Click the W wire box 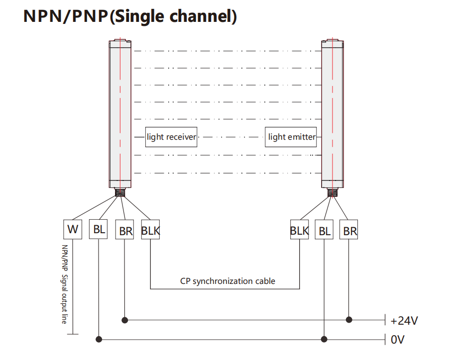click(73, 229)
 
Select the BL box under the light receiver click(99, 229)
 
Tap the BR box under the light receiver click(124, 230)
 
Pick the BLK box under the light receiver click(150, 230)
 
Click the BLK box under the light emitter click(299, 230)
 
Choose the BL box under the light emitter click(325, 230)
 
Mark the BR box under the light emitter click(350, 230)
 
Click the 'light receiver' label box click(171, 137)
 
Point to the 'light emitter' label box click(292, 137)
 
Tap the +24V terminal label click(404, 320)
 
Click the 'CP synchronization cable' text click(227, 281)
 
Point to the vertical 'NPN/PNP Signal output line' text click(65, 284)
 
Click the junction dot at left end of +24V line click(124, 320)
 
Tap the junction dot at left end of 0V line click(99, 339)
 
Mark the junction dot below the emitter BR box click(350, 320)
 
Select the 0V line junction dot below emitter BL click(325, 339)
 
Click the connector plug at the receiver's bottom click(120, 191)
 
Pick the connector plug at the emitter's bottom click(332, 191)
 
